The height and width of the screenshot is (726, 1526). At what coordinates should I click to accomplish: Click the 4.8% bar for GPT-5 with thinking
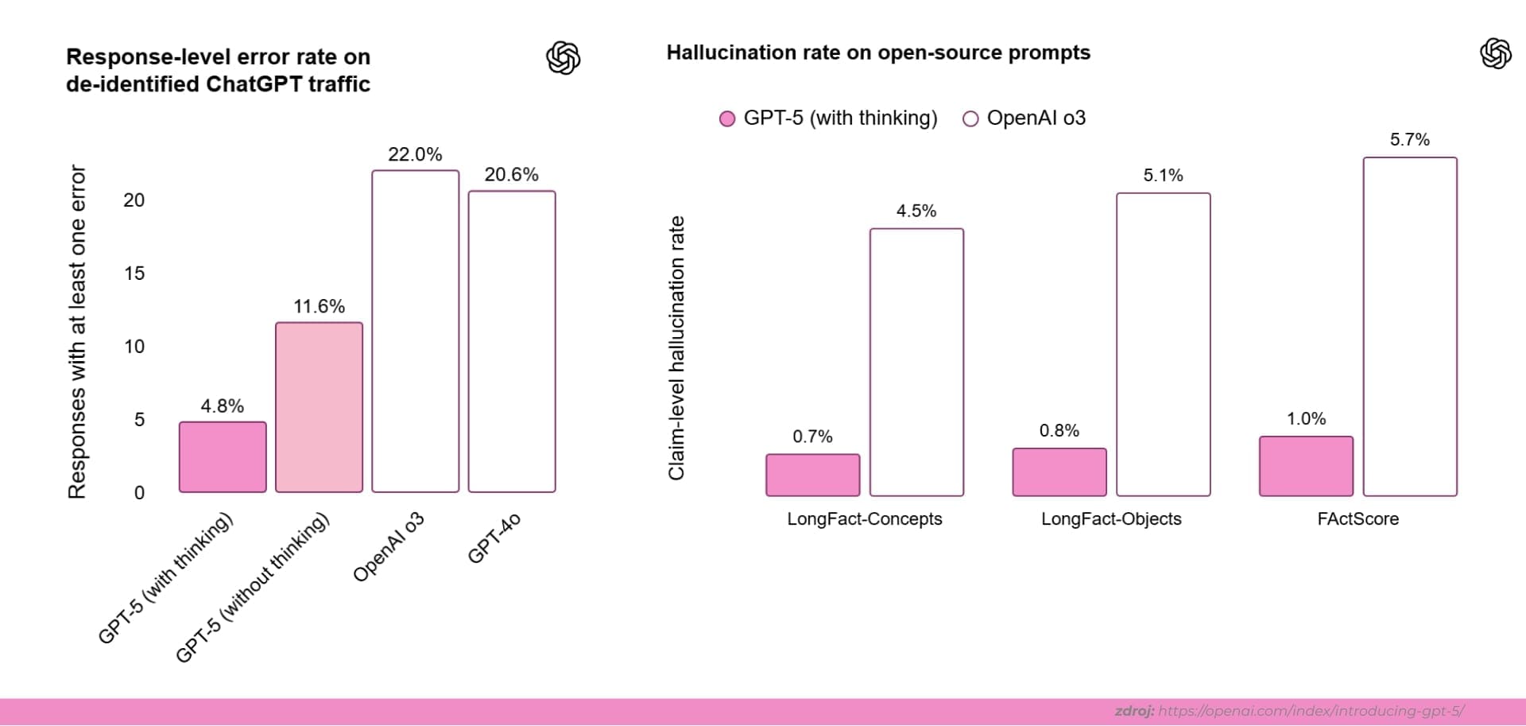(x=223, y=457)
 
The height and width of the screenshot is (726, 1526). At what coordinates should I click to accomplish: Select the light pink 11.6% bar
(x=319, y=407)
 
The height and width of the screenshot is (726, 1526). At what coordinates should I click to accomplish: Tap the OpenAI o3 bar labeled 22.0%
(x=415, y=332)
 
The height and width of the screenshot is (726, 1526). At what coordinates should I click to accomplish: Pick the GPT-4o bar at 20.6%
(x=512, y=342)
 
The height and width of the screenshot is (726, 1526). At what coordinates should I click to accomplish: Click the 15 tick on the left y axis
(x=134, y=274)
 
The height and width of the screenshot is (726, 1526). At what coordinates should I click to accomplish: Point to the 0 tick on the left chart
(x=139, y=493)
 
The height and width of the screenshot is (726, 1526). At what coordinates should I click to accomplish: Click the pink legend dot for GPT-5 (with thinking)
(x=726, y=119)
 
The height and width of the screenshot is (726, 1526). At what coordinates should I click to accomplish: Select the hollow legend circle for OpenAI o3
(x=970, y=119)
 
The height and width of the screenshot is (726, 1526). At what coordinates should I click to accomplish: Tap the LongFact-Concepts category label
(x=864, y=519)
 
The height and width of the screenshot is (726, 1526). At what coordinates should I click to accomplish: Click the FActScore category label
(x=1358, y=519)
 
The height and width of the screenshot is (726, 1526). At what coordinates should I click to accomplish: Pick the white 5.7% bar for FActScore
(x=1410, y=327)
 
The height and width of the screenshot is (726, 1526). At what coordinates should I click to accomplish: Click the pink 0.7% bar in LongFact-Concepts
(x=812, y=476)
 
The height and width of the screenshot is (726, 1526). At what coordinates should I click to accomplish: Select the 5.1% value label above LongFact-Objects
(x=1163, y=176)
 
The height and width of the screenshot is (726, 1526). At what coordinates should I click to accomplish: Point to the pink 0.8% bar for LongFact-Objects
(x=1059, y=472)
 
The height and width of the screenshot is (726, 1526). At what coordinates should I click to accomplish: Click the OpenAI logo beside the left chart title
(x=564, y=58)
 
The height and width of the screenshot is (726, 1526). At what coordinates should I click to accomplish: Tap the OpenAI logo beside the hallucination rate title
(x=1495, y=53)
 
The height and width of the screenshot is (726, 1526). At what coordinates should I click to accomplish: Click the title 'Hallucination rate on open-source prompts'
(x=878, y=52)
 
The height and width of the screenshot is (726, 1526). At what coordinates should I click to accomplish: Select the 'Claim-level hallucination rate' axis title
(x=676, y=348)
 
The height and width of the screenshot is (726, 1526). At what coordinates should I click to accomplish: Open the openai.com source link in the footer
(x=1311, y=711)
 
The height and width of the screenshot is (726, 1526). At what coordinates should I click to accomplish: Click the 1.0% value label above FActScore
(x=1306, y=419)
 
